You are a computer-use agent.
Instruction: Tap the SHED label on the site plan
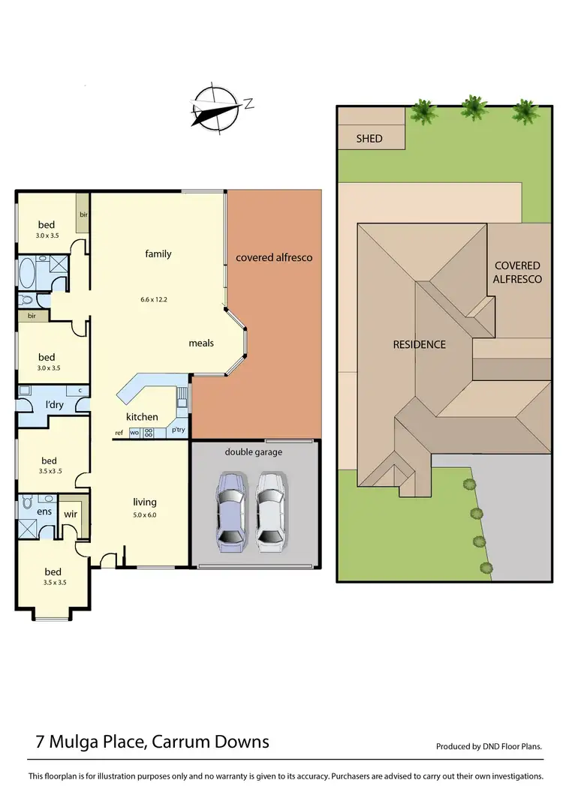369,138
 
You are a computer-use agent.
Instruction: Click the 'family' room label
158,253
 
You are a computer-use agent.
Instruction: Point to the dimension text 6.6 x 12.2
154,299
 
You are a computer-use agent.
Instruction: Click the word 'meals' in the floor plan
201,343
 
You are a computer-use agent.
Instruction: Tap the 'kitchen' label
142,416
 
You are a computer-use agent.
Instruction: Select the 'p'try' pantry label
179,431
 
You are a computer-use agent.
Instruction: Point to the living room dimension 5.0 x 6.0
144,515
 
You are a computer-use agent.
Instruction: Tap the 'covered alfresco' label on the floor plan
274,257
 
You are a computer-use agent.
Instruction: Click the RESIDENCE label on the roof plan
420,344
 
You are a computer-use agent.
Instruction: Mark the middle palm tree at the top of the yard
473,108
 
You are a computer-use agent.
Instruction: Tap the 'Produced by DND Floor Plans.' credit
489,746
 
